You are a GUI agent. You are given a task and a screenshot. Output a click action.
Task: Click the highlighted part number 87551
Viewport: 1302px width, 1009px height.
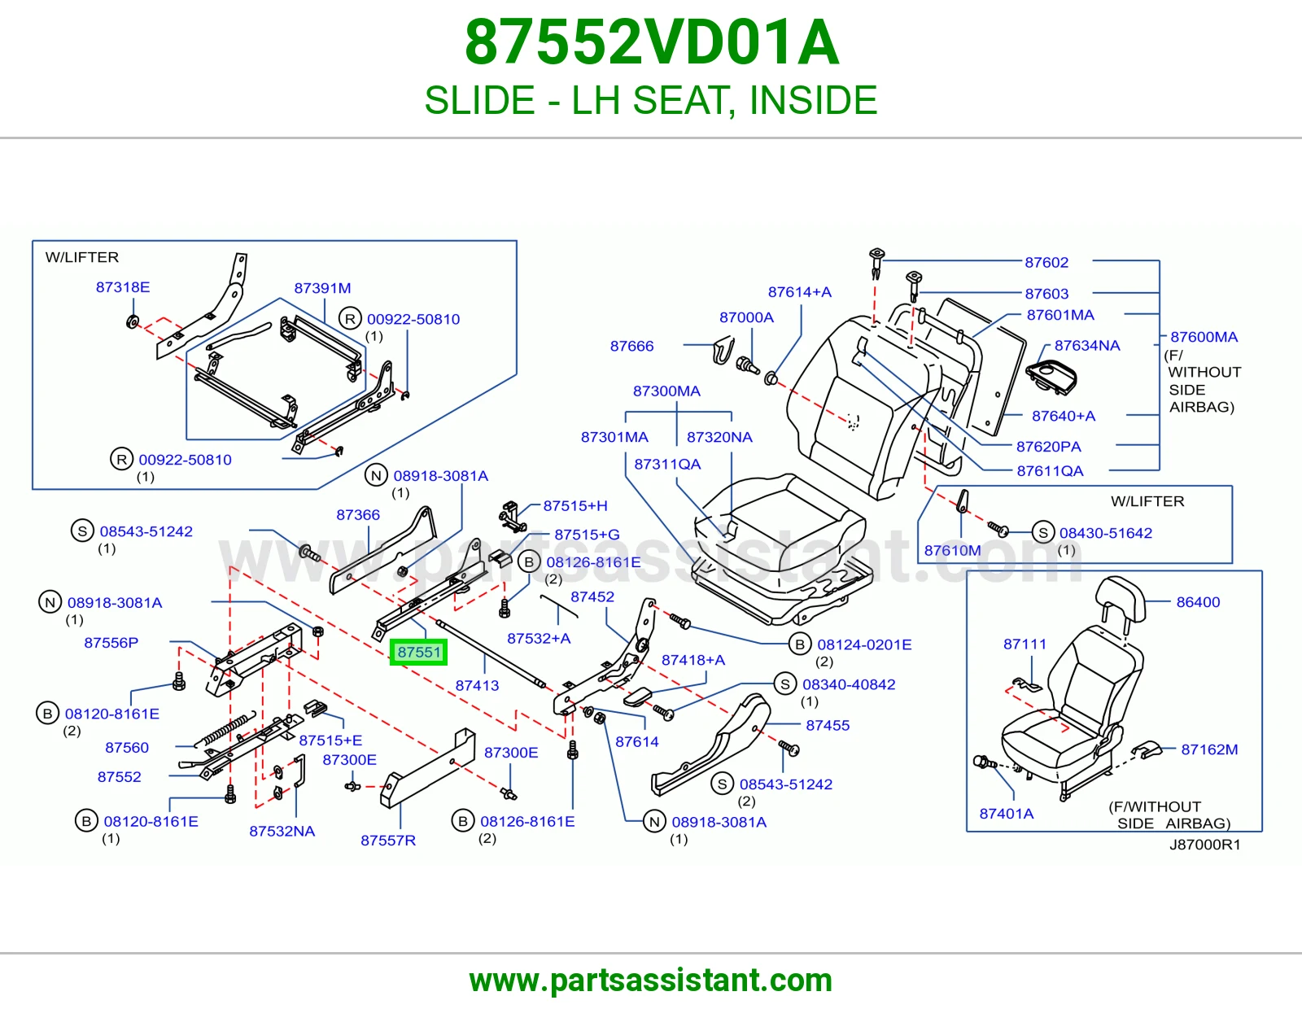click(x=418, y=652)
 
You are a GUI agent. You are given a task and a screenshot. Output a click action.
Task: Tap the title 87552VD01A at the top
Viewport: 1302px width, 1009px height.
click(x=651, y=42)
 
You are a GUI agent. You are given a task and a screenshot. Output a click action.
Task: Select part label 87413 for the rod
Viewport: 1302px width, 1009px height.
click(x=477, y=685)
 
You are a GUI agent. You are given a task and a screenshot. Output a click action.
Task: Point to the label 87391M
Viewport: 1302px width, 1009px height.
click(x=322, y=288)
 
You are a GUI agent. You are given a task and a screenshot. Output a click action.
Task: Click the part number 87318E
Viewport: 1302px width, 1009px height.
click(x=123, y=287)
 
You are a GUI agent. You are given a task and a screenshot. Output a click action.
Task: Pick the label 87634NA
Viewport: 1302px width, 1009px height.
click(x=1087, y=346)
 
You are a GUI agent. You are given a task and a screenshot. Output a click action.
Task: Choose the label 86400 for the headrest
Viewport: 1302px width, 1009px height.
click(x=1198, y=602)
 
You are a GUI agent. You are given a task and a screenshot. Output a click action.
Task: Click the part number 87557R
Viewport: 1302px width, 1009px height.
click(x=388, y=841)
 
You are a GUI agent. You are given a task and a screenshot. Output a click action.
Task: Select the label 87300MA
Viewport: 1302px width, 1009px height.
click(x=667, y=391)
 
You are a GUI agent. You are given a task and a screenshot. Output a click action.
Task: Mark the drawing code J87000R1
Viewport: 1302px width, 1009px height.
click(x=1205, y=845)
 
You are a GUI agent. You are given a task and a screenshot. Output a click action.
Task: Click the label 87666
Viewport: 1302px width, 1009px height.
click(x=631, y=347)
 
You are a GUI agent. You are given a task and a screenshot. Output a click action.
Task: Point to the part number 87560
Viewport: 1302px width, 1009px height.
click(x=127, y=748)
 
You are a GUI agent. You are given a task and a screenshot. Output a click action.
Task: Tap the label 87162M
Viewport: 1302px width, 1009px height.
click(x=1209, y=749)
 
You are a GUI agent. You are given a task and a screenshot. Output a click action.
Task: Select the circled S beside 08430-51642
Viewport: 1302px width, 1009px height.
click(x=1043, y=532)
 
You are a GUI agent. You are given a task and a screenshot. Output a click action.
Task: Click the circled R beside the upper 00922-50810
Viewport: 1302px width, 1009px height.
click(x=350, y=319)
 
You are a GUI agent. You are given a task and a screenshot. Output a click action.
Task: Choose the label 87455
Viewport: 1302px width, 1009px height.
click(x=828, y=726)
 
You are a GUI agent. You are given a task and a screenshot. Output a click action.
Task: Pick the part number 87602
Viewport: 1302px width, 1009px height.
click(x=1046, y=263)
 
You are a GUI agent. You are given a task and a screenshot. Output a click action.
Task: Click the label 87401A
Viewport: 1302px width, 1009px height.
click(x=1007, y=814)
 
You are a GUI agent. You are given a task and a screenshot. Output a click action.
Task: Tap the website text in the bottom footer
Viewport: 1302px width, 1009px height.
click(x=651, y=981)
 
